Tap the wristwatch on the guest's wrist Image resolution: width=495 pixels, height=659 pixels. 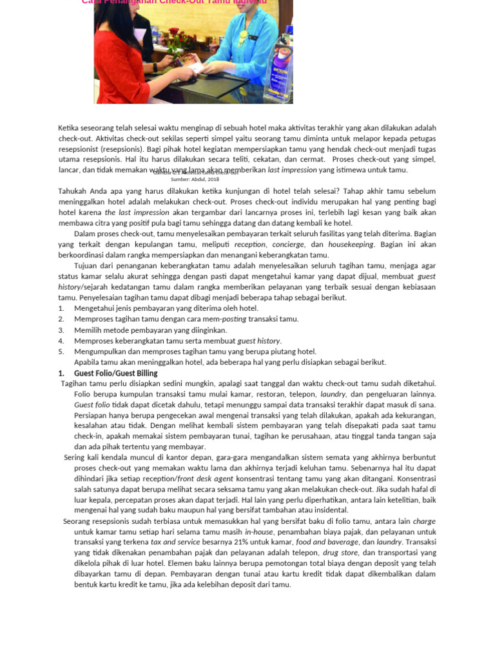(155, 66)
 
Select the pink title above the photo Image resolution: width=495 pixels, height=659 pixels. (174, 2)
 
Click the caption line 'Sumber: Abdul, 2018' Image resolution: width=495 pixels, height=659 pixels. (195, 179)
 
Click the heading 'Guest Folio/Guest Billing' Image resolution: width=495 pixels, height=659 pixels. (115, 373)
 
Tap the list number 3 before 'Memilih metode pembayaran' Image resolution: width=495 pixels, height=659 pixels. (61, 330)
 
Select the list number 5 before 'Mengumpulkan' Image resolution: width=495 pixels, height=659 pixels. (61, 351)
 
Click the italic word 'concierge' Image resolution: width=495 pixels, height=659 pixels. (287, 245)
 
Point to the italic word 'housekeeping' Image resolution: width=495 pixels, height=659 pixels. (351, 245)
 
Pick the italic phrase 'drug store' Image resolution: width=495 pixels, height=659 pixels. (340, 552)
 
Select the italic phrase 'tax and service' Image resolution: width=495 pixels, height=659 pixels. (176, 542)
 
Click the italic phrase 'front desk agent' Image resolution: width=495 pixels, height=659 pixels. (205, 479)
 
